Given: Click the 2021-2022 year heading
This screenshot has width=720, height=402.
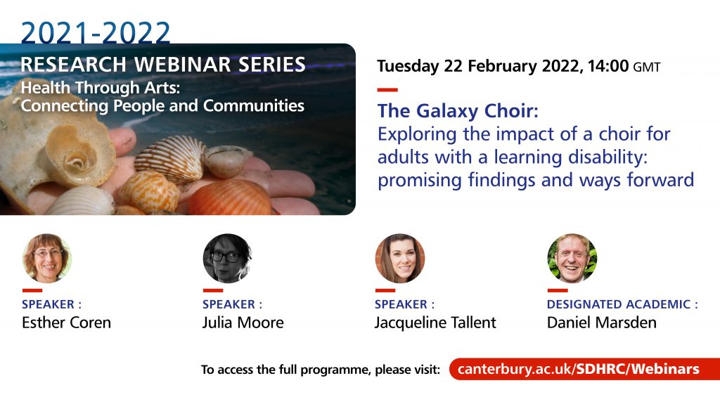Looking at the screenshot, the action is (96, 32).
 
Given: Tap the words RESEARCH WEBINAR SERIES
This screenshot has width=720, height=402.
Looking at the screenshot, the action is (163, 64).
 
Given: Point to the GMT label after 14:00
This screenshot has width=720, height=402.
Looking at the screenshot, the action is (647, 67).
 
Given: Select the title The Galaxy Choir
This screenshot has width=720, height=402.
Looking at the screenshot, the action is (458, 111).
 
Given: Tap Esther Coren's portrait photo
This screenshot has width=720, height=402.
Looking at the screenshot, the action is (47, 258).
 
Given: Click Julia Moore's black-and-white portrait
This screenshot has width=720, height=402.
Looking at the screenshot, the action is (227, 258).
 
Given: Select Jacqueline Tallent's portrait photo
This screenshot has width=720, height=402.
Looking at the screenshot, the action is (400, 258).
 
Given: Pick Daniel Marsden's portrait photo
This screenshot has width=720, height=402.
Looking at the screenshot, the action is (572, 258).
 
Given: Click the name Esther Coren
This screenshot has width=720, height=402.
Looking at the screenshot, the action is (67, 323).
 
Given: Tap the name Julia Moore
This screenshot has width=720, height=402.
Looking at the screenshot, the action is (243, 323).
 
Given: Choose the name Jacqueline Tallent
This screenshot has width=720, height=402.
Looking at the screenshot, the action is (435, 323).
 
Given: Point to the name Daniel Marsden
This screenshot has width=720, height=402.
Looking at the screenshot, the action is (602, 323).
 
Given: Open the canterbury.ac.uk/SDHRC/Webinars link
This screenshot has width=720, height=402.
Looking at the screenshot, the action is (579, 369).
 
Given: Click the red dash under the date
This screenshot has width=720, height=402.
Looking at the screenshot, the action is (387, 90).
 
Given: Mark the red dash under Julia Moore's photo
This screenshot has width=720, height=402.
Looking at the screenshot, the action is (212, 290).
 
